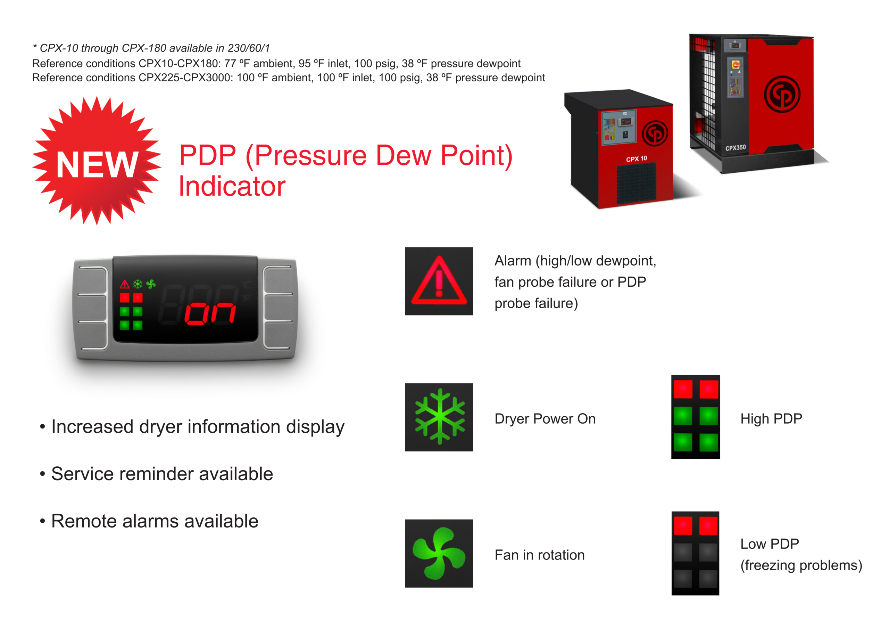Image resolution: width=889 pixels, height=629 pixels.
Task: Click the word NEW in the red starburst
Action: [97, 164]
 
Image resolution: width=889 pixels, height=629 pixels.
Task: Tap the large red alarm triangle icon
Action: [439, 281]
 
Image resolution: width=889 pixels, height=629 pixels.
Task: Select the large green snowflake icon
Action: [439, 417]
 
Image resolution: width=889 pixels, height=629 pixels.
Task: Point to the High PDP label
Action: [771, 418]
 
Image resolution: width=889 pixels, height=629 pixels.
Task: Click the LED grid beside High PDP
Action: [696, 417]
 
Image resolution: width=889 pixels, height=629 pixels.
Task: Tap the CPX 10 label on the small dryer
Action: [636, 159]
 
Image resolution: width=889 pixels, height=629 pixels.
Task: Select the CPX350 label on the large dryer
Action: [735, 148]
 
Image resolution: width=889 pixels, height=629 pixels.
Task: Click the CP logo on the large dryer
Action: [782, 95]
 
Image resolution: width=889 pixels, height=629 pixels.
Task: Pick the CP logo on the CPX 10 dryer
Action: [655, 133]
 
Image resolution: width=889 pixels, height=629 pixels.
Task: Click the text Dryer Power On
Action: [545, 418]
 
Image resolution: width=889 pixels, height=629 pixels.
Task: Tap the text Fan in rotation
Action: [539, 555]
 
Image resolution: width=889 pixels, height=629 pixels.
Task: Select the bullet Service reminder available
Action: [161, 474]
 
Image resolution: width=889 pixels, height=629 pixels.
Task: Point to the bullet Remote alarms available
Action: [154, 521]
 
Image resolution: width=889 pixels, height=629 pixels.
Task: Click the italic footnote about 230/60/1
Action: [151, 48]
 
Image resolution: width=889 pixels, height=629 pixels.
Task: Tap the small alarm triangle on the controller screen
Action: [125, 285]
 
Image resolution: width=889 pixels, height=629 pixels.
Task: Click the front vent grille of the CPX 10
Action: [636, 183]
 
